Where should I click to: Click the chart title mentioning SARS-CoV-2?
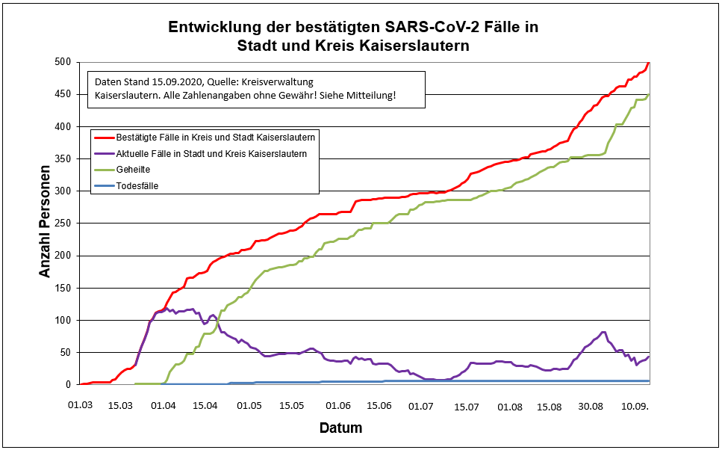tap(353, 36)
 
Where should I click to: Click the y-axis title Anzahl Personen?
tap(46, 222)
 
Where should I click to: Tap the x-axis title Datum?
tap(340, 428)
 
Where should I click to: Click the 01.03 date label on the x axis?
tap(80, 406)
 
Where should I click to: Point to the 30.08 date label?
tap(591, 406)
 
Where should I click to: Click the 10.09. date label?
tap(636, 406)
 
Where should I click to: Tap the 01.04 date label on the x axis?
tap(163, 406)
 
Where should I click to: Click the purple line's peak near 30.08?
tap(603, 333)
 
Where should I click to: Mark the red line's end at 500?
tap(649, 63)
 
